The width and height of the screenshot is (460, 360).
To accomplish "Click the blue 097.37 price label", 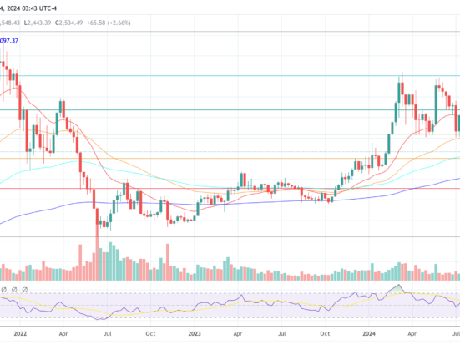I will coord(10,40).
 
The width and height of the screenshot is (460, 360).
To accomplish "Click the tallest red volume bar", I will coord(98,255).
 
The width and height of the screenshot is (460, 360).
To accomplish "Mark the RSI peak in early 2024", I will coord(399,287).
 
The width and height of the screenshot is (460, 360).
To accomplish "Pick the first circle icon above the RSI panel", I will coord(4,289).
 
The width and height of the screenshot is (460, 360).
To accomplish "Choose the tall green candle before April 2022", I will coord(61,109).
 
